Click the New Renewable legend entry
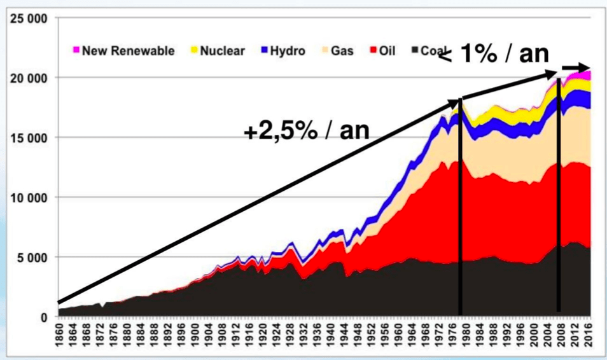point(123,51)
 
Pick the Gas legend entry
point(340,51)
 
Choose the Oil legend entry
point(382,51)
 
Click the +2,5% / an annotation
point(306,132)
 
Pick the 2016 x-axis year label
point(590,336)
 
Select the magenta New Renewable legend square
point(76,51)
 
